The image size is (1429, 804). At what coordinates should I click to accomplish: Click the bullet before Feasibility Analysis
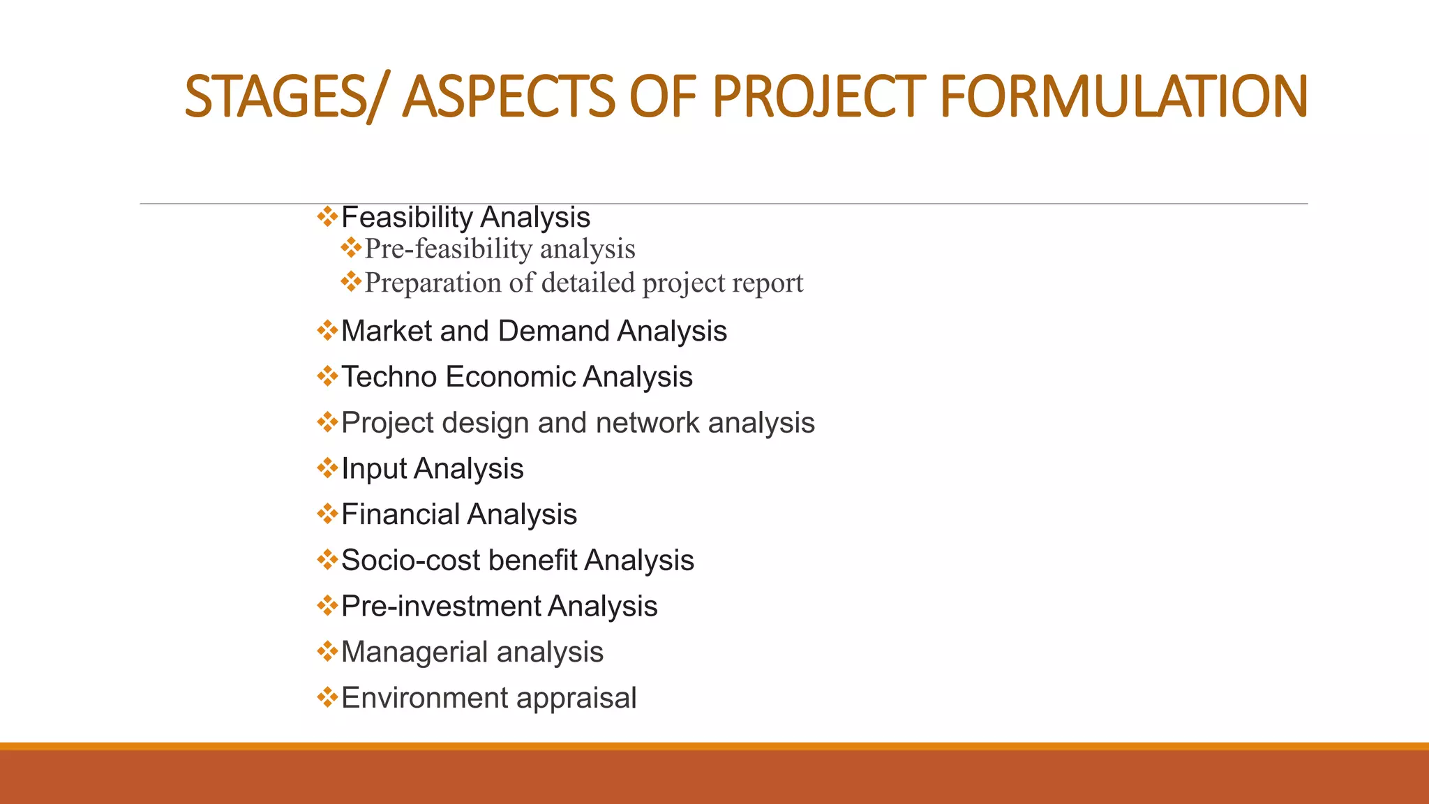tap(327, 216)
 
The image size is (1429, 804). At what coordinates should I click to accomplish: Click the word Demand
tap(554, 331)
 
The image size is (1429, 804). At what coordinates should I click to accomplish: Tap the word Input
tap(373, 469)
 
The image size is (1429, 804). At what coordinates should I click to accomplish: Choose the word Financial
tap(400, 514)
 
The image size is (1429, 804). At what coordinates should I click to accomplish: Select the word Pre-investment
tap(440, 606)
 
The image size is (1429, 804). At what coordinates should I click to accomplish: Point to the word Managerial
tap(414, 653)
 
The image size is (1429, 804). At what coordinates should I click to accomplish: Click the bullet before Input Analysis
tap(327, 468)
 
